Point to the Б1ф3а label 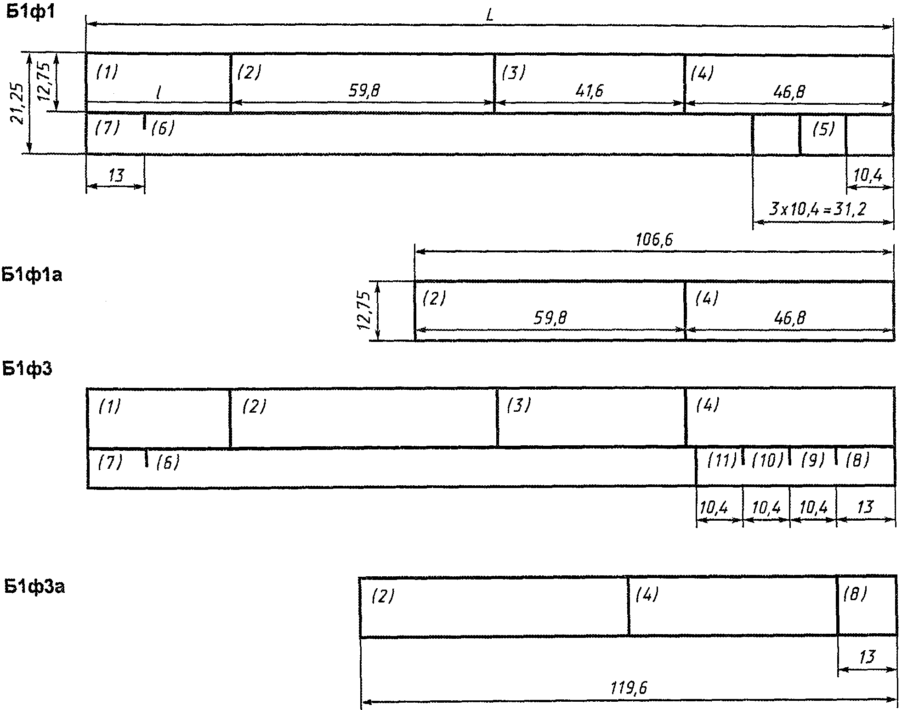click(x=34, y=587)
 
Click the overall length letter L click(x=490, y=17)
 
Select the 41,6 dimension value click(x=589, y=91)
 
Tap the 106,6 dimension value click(x=655, y=239)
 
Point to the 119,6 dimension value click(x=629, y=688)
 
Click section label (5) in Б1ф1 click(x=823, y=130)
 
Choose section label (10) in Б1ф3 click(x=767, y=460)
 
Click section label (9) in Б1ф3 click(x=813, y=460)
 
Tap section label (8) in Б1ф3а click(x=855, y=595)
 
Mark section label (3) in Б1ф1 click(x=513, y=73)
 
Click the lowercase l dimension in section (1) click(x=158, y=93)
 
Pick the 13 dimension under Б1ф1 click(x=117, y=175)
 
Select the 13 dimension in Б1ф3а click(x=867, y=657)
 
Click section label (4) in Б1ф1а click(x=707, y=299)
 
